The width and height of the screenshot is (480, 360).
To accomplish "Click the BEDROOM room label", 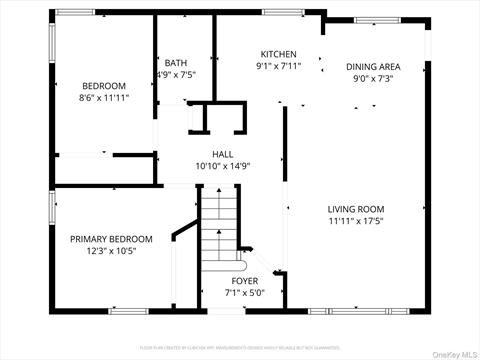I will click(104, 86).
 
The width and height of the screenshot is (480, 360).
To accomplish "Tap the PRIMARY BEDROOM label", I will click(111, 239).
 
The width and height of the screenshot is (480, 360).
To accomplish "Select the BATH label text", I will click(176, 62).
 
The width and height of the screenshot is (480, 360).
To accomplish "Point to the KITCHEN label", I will click(278, 54).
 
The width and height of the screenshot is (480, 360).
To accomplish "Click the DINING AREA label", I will click(375, 67).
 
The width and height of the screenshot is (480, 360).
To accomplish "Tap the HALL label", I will click(222, 154).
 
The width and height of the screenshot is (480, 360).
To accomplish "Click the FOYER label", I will click(245, 281).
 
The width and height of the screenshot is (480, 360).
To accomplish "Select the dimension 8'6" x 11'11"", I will click(104, 99).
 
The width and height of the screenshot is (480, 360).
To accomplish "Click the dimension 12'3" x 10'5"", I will click(111, 252).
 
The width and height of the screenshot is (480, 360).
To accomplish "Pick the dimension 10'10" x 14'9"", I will click(222, 166).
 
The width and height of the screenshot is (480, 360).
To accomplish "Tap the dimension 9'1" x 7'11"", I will click(278, 67).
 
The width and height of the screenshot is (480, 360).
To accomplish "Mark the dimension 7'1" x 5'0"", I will click(245, 293).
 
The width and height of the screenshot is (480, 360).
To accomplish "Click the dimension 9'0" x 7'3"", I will click(375, 80).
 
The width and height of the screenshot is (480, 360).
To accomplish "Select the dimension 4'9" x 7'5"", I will click(176, 74).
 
